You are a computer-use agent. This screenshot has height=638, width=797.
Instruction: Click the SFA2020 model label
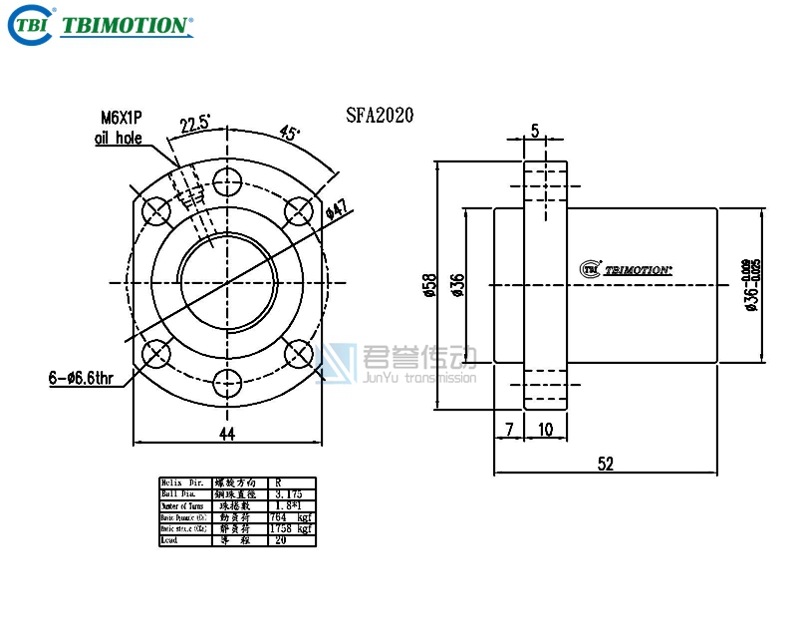380,116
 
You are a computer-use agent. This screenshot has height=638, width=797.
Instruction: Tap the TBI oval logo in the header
29,25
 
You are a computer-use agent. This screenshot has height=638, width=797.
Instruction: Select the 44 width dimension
227,432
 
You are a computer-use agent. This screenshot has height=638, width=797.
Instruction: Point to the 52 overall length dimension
606,463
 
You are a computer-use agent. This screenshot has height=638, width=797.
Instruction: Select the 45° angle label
291,133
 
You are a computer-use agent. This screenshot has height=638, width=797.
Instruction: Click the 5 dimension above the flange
535,131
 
